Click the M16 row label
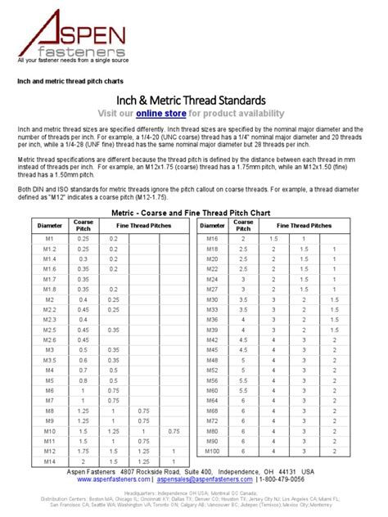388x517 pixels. pyautogui.click(x=212, y=238)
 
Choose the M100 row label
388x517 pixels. pyautogui.click(x=212, y=452)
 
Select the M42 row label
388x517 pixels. pyautogui.click(x=212, y=338)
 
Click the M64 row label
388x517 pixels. pyautogui.click(x=212, y=402)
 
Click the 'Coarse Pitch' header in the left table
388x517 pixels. pyautogui.click(x=83, y=223)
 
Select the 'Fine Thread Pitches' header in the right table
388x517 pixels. pyautogui.click(x=304, y=223)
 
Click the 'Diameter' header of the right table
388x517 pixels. pyautogui.click(x=212, y=223)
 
